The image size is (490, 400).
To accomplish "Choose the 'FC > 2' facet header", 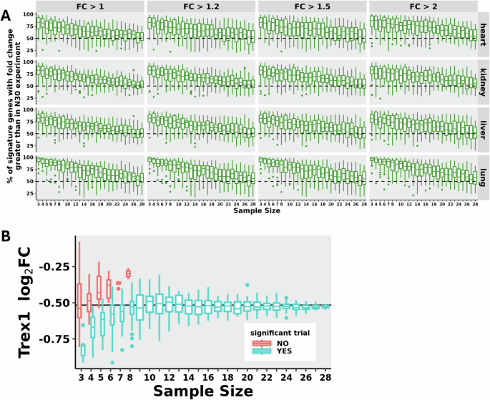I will [423, 6].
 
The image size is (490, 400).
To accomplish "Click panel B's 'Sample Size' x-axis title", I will [203, 391].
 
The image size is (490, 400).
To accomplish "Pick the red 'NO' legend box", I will [262, 343].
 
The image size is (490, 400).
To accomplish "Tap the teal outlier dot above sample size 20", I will [247, 285].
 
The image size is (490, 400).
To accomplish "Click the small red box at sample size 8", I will [128, 273].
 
